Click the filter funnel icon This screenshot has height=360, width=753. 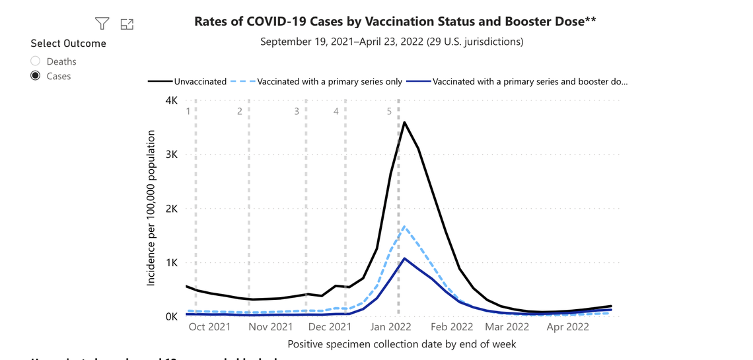coord(102,24)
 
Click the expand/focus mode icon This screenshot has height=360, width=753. coord(127,24)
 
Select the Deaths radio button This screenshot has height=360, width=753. coord(36,61)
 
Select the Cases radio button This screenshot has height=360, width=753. coord(36,76)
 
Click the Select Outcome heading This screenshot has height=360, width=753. coord(68,44)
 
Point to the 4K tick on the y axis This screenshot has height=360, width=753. coord(171,100)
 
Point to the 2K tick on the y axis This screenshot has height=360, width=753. coord(171,209)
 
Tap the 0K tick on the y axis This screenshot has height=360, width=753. coord(171,317)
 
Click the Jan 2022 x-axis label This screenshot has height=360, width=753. coord(390,327)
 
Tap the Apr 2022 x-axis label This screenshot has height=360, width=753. coord(568,327)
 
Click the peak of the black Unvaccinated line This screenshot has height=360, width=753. coord(404,122)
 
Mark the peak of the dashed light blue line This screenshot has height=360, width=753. coord(404,227)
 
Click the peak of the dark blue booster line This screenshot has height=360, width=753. coord(404,258)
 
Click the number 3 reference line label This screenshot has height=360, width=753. coord(297,112)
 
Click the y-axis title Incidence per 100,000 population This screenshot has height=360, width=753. coord(151,208)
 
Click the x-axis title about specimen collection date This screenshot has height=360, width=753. coord(402,344)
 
